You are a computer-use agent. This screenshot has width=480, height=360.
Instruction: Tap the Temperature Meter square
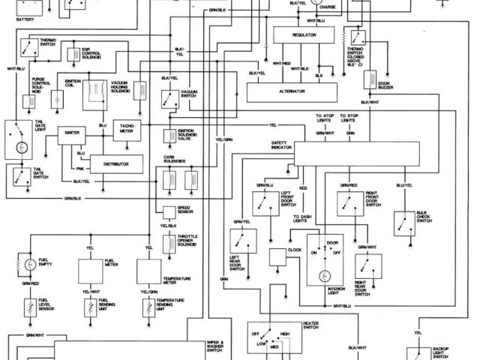tap(151, 270)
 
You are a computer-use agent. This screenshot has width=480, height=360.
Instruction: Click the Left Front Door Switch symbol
tap(263, 200)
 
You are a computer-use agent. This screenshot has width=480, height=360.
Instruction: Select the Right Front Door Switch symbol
tap(347, 200)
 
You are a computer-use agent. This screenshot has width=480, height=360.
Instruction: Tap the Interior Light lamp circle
tap(325, 277)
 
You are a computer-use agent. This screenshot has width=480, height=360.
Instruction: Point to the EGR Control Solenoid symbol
tap(73, 54)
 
